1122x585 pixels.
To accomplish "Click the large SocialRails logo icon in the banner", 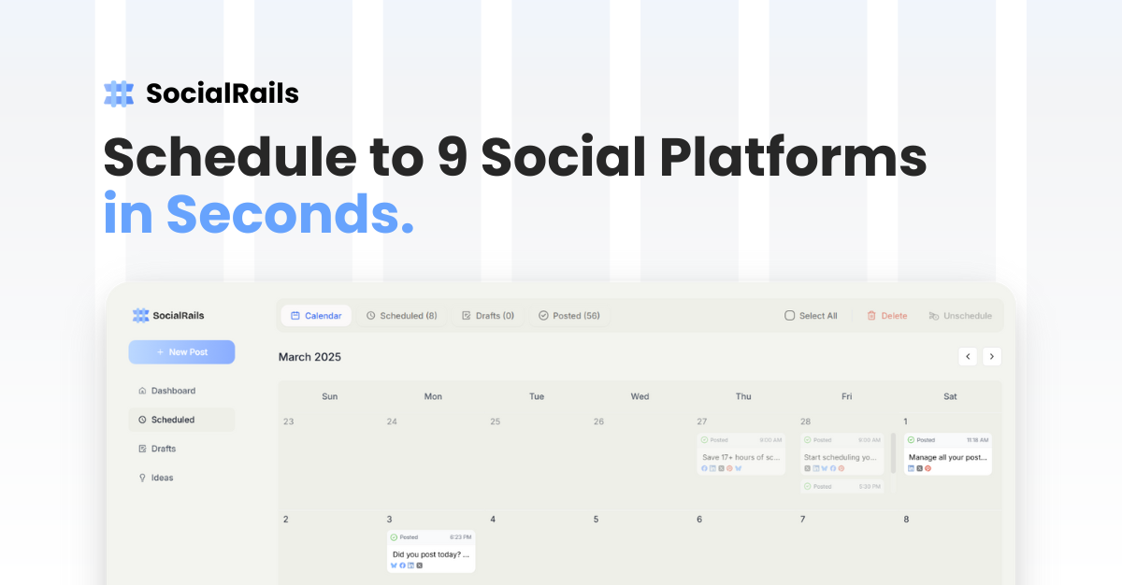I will pos(119,93).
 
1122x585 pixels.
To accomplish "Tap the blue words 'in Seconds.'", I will pos(258,214).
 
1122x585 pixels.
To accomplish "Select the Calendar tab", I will pos(316,316).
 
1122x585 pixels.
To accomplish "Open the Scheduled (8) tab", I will pos(401,316).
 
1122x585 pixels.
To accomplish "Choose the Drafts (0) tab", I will pos(487,316).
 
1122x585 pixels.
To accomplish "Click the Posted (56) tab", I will pos(568,316).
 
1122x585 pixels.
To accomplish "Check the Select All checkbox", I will pos(790,316).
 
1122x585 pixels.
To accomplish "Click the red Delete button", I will pos(886,316).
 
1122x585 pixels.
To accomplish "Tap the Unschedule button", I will pos(959,316).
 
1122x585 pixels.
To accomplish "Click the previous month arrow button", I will pos(968,356).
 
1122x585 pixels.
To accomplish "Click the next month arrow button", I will pos(992,356).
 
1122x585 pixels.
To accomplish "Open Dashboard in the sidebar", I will pos(173,391).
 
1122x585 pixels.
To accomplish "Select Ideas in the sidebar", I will pos(162,478).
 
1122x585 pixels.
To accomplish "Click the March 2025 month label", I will pos(309,357).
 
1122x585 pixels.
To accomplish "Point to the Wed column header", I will pos(640,396).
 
